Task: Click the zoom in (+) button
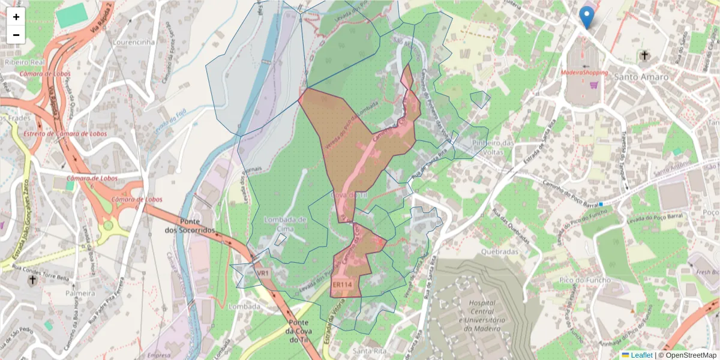click(x=16, y=17)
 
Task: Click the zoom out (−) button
click(x=16, y=35)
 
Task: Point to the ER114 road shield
click(x=341, y=284)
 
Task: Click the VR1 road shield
click(x=263, y=273)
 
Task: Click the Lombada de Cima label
click(x=286, y=223)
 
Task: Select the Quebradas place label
click(x=499, y=252)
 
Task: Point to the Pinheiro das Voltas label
click(x=493, y=148)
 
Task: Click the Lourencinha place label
click(x=134, y=43)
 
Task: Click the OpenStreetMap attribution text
click(x=687, y=355)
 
